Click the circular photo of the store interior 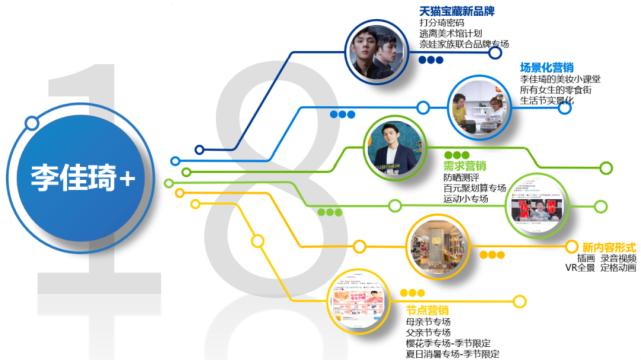tap(437, 243)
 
